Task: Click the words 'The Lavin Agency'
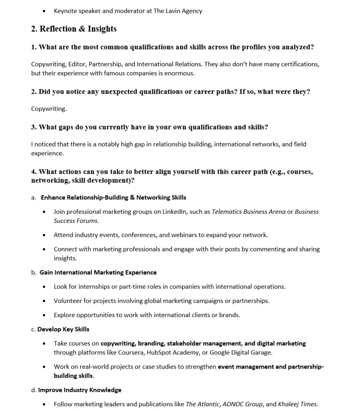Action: coord(178,11)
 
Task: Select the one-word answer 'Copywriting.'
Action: coord(49,109)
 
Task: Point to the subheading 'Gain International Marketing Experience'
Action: coord(98,272)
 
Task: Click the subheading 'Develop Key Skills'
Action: coord(63,329)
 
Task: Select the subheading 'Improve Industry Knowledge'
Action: coord(79,390)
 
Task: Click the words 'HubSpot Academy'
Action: coord(173,352)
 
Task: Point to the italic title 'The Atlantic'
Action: coord(202,404)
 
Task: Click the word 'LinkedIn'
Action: coord(174,212)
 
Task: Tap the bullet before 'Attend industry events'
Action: coord(44,235)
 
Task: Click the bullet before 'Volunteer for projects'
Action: coord(44,301)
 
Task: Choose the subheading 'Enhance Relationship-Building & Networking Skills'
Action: coord(114,197)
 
